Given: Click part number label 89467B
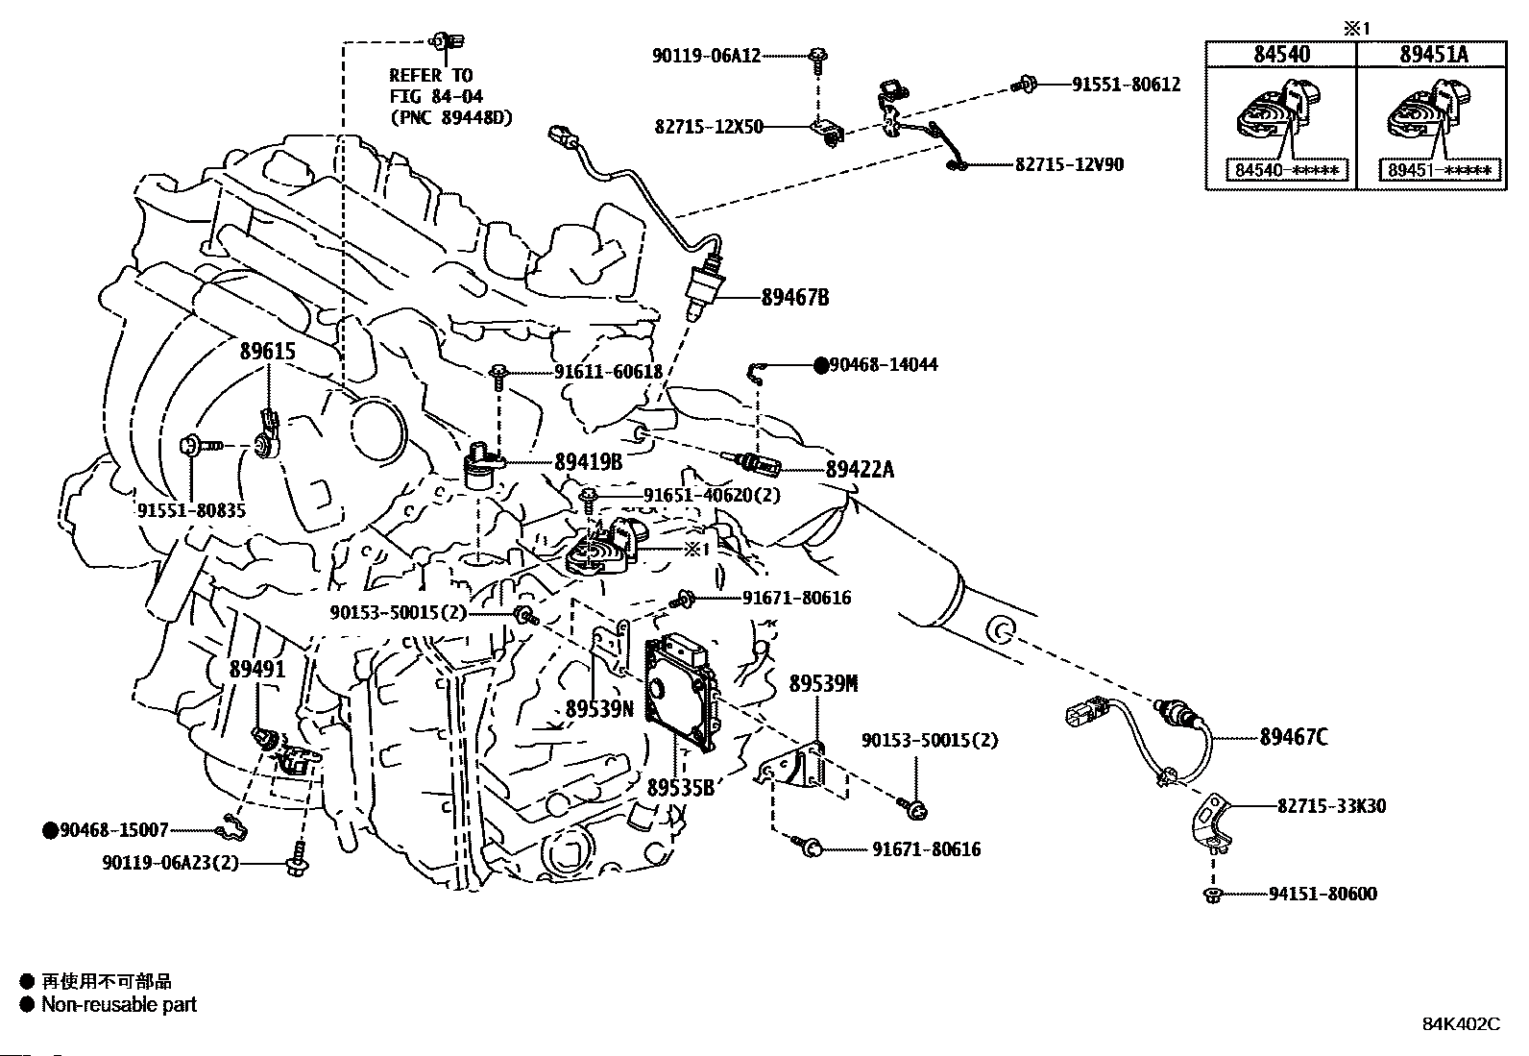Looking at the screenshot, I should click(794, 298).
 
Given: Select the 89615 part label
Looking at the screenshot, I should click(267, 352).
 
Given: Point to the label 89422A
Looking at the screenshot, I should click(860, 470).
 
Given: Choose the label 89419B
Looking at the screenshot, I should click(588, 462).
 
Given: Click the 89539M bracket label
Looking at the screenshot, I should click(823, 684).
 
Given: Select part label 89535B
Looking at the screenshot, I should click(680, 788).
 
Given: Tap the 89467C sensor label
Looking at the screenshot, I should click(1294, 738).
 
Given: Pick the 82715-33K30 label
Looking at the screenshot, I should click(1331, 806).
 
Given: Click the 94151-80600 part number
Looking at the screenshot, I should click(1323, 895).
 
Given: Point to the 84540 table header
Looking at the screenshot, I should click(1281, 55).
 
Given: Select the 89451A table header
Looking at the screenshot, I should click(1433, 55).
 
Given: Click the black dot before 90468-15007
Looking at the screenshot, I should click(50, 830).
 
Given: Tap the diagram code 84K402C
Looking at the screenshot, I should click(1461, 1024).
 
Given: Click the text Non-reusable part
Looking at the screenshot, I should click(118, 1005).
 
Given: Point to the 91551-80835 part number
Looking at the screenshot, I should click(191, 510).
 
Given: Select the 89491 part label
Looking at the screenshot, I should click(256, 669).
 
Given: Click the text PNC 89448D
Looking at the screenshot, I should click(450, 117).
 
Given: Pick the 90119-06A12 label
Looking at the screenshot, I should click(706, 56).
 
